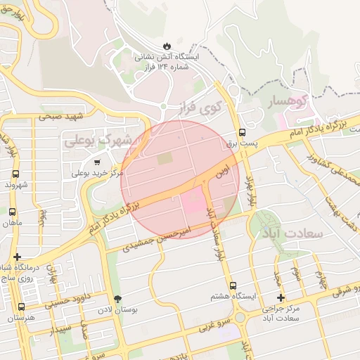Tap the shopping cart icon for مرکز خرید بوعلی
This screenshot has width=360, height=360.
click(96, 162)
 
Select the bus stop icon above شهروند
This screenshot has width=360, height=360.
click(15, 173)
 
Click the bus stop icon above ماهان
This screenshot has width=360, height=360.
click(12, 211)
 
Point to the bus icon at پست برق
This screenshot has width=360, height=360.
click(242, 131)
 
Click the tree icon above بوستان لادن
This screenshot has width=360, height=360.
click(117, 297)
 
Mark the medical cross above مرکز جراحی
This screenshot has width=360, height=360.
click(281, 297)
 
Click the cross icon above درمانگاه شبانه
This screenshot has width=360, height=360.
click(17, 257)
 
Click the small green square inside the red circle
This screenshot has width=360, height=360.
click(164, 159)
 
